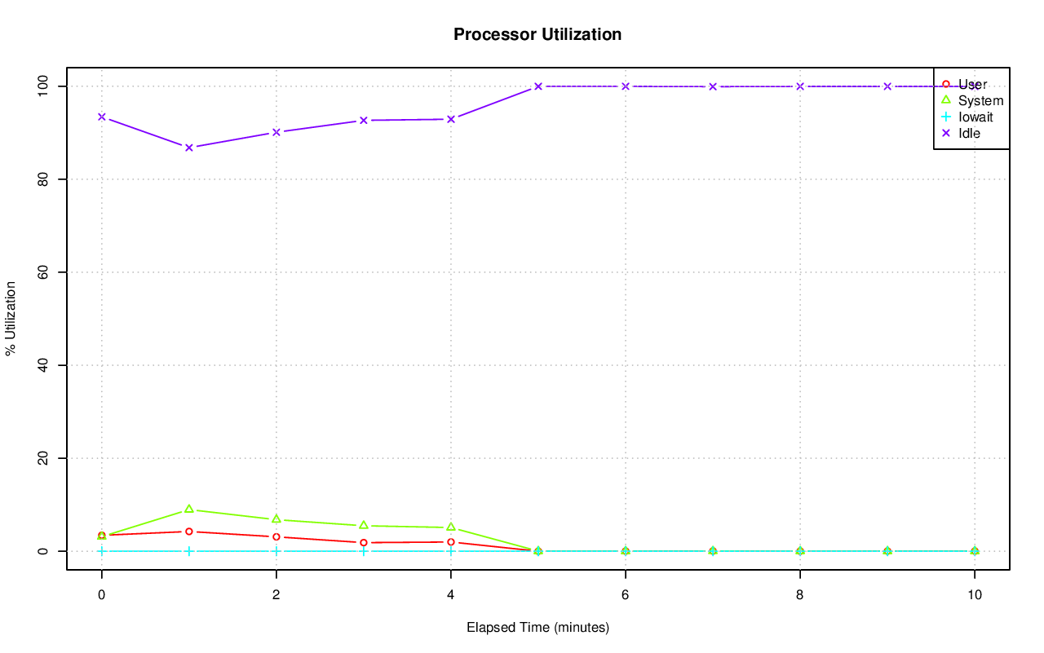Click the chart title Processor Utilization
click(537, 34)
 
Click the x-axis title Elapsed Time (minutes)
click(537, 628)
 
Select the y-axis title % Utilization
click(11, 319)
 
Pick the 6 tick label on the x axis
click(626, 595)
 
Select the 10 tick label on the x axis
click(975, 595)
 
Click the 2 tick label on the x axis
click(276, 595)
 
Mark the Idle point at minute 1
click(189, 148)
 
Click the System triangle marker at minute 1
click(189, 509)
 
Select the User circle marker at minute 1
click(189, 532)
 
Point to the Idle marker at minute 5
click(538, 86)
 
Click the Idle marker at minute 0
click(102, 117)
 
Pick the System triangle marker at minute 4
click(451, 527)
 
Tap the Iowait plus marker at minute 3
click(364, 551)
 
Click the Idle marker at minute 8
click(800, 86)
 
